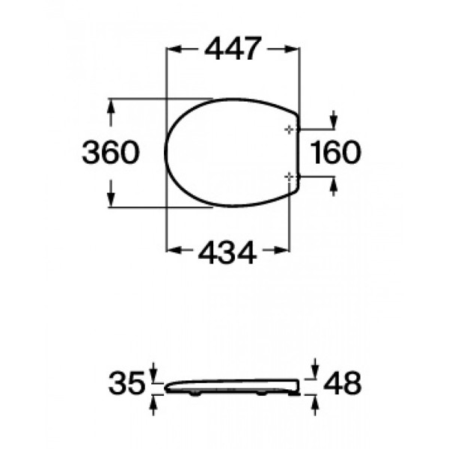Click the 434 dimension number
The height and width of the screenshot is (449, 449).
click(x=227, y=253)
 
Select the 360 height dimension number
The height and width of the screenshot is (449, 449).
click(x=110, y=153)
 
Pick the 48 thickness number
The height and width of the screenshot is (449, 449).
click(x=343, y=385)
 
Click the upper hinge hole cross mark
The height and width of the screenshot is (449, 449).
click(x=290, y=129)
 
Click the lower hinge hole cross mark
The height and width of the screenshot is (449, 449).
click(x=290, y=176)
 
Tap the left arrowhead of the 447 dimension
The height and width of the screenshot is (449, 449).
click(x=171, y=49)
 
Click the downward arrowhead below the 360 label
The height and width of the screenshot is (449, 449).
click(x=111, y=201)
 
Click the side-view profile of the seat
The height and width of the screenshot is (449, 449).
click(x=232, y=386)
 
